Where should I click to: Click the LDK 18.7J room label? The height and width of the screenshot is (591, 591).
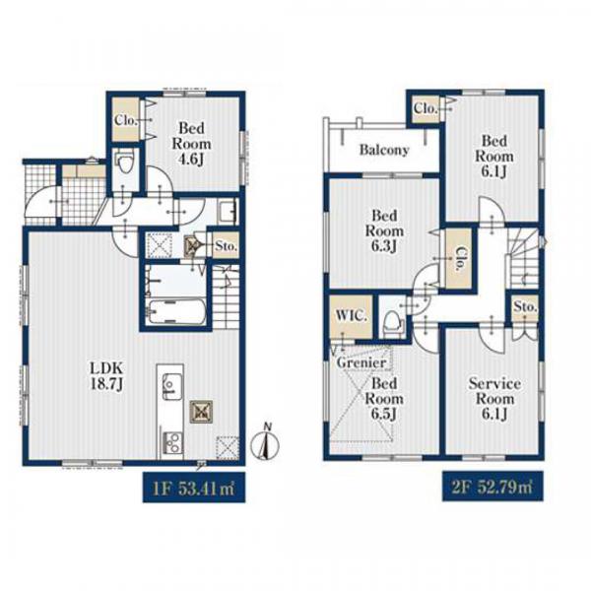point(106,376)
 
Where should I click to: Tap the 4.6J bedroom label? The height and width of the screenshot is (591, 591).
point(191,144)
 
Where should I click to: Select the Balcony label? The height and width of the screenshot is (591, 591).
point(384,150)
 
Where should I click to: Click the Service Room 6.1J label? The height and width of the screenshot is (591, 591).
point(494,398)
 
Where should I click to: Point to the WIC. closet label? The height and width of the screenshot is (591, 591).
point(351,315)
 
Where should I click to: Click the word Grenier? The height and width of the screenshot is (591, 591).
point(361,362)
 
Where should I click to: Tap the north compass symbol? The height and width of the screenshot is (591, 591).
point(265,443)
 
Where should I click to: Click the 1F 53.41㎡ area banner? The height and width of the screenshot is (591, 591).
point(194,487)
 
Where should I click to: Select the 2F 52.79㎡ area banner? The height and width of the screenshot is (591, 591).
point(492,487)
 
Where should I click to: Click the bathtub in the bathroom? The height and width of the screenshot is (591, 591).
point(176,311)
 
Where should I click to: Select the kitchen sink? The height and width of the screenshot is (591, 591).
point(171,386)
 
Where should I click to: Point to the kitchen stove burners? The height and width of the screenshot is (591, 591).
point(172,443)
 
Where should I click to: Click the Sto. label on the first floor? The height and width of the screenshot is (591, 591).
point(226,246)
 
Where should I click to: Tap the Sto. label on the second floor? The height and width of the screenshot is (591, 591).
point(525,306)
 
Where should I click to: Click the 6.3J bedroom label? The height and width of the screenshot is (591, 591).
point(384,230)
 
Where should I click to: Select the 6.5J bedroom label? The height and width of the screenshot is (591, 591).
point(384,398)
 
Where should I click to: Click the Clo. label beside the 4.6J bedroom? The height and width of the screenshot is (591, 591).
point(126,120)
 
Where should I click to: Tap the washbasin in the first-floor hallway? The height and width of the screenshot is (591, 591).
point(227,212)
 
